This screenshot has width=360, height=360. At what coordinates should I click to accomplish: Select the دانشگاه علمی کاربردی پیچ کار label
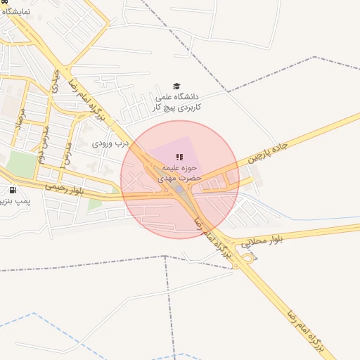tap(176, 102)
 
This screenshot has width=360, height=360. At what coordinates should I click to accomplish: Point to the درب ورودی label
tap(111, 143)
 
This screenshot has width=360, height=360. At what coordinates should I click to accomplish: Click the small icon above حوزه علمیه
tap(179, 157)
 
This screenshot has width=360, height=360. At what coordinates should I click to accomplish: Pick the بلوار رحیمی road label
tap(64, 188)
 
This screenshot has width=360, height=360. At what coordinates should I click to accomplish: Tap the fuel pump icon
tap(13, 190)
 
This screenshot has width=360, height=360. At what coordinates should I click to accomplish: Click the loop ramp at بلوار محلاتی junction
tap(247, 258)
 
